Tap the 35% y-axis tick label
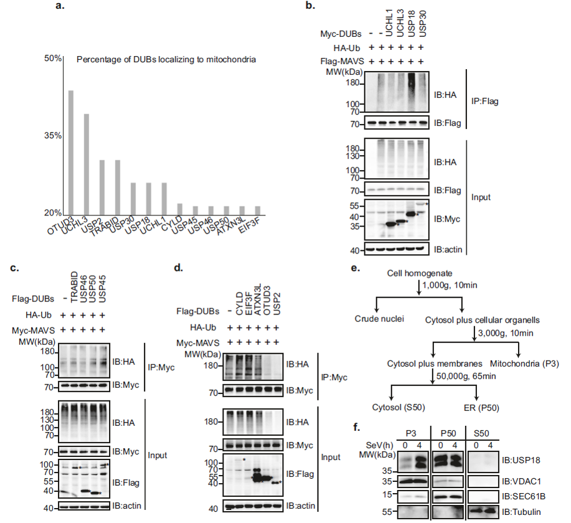pos(52,136)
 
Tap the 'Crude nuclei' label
pos(375,319)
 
